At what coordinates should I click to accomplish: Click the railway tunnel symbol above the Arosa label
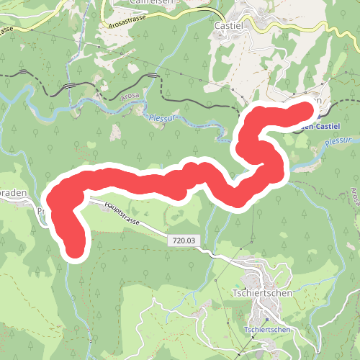(x=152, y=76)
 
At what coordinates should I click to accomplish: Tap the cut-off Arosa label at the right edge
(x=355, y=194)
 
